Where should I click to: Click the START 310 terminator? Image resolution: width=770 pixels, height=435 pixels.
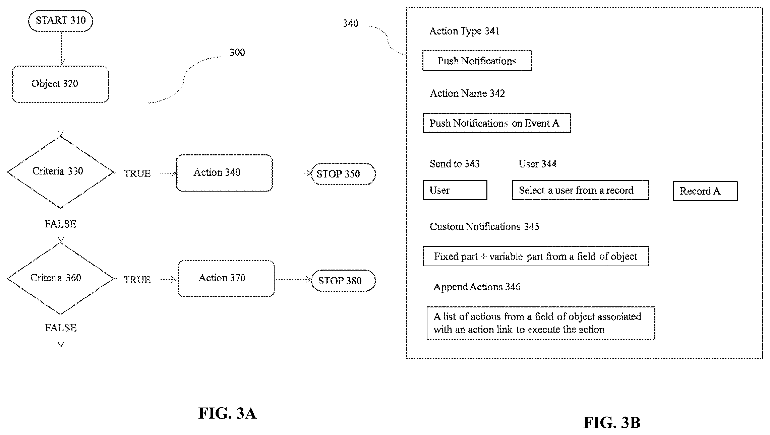click(x=61, y=21)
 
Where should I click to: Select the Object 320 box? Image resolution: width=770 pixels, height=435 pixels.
click(x=60, y=84)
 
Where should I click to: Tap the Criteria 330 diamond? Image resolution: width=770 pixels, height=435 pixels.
click(x=61, y=172)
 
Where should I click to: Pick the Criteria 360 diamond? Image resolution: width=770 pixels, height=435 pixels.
click(x=61, y=279)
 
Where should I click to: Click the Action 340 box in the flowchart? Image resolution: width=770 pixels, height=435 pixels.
click(x=224, y=173)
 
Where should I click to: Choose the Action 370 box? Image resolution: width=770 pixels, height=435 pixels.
click(x=226, y=279)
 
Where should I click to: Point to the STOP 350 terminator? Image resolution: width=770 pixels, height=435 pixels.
click(x=343, y=174)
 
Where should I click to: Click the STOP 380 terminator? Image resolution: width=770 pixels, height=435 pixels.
click(x=343, y=281)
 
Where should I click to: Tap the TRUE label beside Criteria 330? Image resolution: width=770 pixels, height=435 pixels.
click(x=137, y=173)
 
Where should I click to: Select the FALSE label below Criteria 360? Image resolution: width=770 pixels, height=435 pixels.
click(x=61, y=328)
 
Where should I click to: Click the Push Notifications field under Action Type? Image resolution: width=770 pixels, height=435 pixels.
click(x=477, y=61)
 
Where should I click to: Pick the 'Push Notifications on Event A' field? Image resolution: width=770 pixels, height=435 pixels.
click(x=497, y=123)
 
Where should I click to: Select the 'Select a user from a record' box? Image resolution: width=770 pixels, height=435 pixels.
click(x=581, y=190)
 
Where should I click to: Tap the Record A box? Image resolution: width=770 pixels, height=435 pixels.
click(x=705, y=191)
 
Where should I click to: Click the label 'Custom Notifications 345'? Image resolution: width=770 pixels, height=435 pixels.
click(x=484, y=227)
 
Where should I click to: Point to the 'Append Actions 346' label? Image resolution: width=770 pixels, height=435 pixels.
click(x=477, y=287)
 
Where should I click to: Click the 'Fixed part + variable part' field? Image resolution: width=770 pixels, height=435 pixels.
click(x=536, y=256)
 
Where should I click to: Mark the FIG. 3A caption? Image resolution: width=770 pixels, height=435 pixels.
click(x=227, y=413)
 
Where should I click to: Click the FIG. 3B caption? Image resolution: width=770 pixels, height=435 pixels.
click(x=612, y=423)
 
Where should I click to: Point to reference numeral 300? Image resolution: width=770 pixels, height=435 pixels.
click(x=237, y=52)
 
